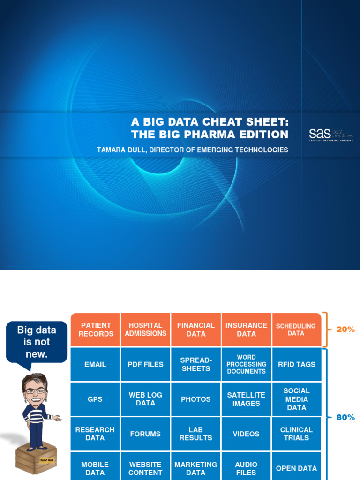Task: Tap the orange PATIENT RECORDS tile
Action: pyautogui.click(x=96, y=330)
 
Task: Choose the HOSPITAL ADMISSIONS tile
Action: pyautogui.click(x=145, y=330)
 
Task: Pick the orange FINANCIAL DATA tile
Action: pyautogui.click(x=196, y=330)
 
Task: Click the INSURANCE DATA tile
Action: pyautogui.click(x=246, y=330)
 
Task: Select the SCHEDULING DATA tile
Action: pyautogui.click(x=296, y=330)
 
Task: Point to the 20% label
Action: pyautogui.click(x=345, y=330)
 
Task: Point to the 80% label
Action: pyautogui.click(x=345, y=417)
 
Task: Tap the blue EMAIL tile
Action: pyautogui.click(x=95, y=364)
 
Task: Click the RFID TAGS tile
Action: pyautogui.click(x=296, y=364)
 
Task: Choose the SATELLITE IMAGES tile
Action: pyautogui.click(x=246, y=399)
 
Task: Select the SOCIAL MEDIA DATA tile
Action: pyautogui.click(x=296, y=399)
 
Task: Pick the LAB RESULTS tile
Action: pyautogui.click(x=196, y=434)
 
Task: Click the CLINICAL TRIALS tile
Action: pyautogui.click(x=296, y=434)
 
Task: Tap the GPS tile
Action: pyautogui.click(x=95, y=399)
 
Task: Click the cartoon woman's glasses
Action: pyautogui.click(x=34, y=391)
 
